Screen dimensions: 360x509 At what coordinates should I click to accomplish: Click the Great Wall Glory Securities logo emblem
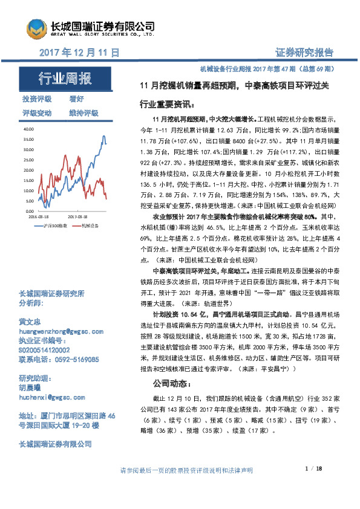(36, 27)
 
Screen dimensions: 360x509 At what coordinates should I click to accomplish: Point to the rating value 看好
(77, 99)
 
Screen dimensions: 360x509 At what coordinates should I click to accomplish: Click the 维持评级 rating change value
(83, 113)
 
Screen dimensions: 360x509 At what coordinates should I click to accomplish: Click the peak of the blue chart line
(103, 136)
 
